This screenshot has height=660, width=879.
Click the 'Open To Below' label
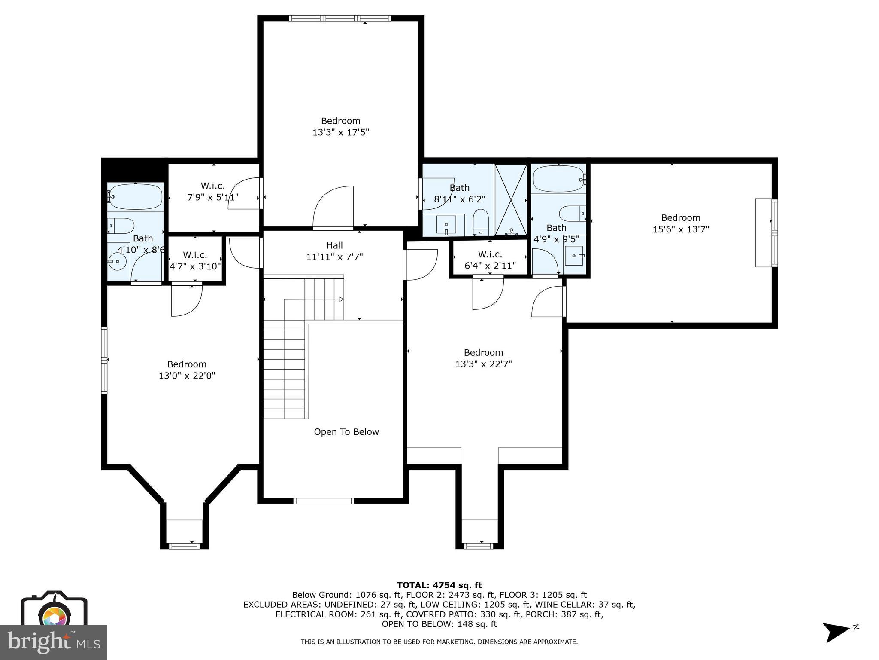coord(346,432)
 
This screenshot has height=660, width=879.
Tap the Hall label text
coord(334,245)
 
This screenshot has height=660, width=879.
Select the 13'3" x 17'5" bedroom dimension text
coord(341,132)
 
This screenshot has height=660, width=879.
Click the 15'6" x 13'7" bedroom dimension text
coord(681,229)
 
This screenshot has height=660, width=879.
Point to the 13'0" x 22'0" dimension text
coord(187,376)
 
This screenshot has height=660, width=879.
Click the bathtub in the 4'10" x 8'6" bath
coord(136,197)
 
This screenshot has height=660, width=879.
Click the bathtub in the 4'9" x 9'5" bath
coord(558,179)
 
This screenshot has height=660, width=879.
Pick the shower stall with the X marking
coord(511,200)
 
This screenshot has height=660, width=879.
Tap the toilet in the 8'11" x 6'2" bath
coord(481,221)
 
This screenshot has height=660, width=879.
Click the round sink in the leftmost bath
coord(117,260)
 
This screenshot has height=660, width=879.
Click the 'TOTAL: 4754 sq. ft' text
coord(439,585)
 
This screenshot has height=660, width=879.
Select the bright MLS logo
coord(53,642)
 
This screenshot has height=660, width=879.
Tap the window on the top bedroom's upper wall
coord(340,18)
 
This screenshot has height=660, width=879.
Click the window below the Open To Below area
coord(324,501)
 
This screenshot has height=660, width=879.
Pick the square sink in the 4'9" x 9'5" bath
coord(574,256)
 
